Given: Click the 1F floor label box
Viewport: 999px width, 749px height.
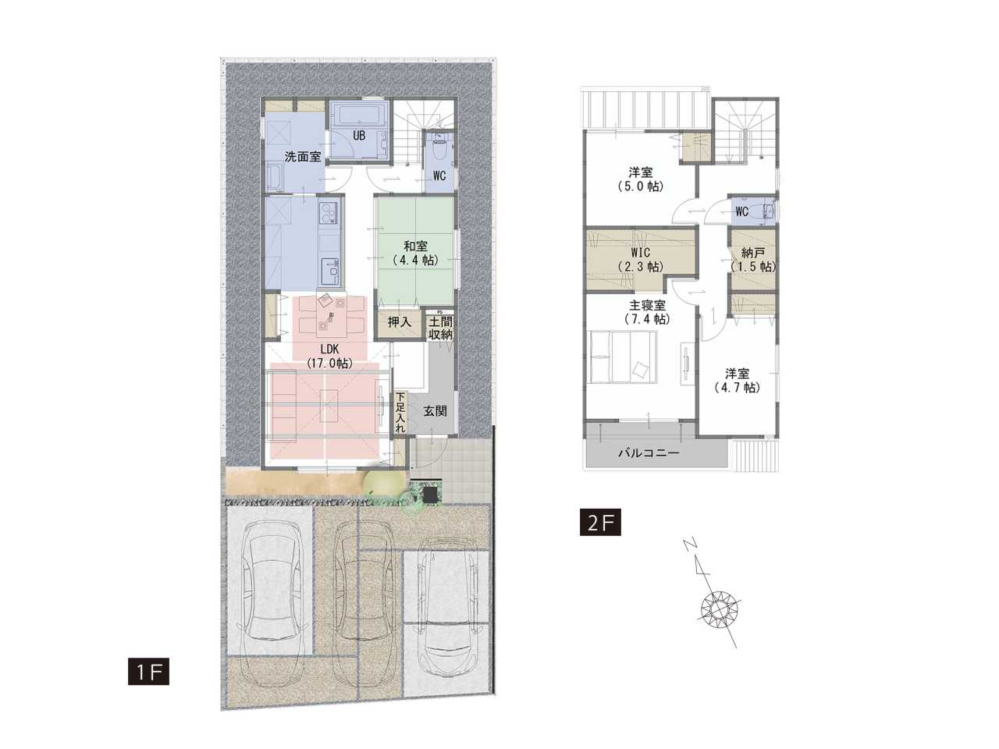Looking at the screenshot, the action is coord(148,671).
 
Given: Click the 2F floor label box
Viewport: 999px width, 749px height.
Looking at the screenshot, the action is coord(600,523).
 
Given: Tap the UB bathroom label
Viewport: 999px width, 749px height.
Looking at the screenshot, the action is coord(359,136).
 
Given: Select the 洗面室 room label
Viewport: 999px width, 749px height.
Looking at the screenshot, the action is coord(303,157).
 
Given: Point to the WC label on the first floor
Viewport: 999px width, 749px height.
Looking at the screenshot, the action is coord(439,176).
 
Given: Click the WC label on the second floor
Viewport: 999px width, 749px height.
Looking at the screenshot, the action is coord(742,211).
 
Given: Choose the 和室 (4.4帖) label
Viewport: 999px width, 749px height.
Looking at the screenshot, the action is coord(415,254).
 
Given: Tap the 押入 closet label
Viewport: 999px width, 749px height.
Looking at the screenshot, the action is coord(399,322).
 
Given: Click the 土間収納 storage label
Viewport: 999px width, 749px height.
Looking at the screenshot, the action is coord(440,328).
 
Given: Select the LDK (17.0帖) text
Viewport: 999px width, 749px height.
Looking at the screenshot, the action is coord(329,356).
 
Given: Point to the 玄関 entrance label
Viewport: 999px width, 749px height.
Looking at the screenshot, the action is coord(435,411).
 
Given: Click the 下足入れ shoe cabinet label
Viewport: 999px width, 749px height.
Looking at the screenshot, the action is coord(400,412).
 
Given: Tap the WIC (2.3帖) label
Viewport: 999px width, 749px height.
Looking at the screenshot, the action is coord(640,259).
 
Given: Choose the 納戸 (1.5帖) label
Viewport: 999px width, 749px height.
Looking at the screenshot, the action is coord(753,260).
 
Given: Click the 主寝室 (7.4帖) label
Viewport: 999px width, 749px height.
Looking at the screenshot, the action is coord(646,311).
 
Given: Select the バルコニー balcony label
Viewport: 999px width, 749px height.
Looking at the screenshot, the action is coord(649,453).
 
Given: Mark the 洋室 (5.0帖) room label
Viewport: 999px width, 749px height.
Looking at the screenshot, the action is coord(640,179).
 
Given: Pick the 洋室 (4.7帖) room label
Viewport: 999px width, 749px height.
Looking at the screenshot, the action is coord(737,380).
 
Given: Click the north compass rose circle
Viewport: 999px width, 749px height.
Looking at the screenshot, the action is coord(720,609).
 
